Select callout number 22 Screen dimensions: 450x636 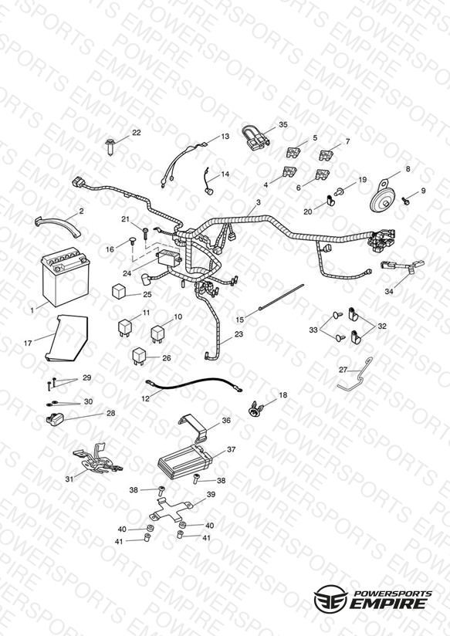point(137,133)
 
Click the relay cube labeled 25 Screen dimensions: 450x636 point(120,291)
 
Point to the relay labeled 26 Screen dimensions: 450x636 point(140,356)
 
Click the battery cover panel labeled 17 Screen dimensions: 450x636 point(66,338)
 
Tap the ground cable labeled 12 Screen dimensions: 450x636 point(194,384)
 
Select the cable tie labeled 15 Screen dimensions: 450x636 point(281,298)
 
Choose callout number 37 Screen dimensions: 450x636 point(231,449)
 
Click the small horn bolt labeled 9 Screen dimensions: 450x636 point(404,200)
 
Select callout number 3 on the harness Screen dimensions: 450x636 point(259,202)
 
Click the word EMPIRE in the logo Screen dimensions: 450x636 point(388,604)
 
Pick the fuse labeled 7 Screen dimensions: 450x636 point(325,155)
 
